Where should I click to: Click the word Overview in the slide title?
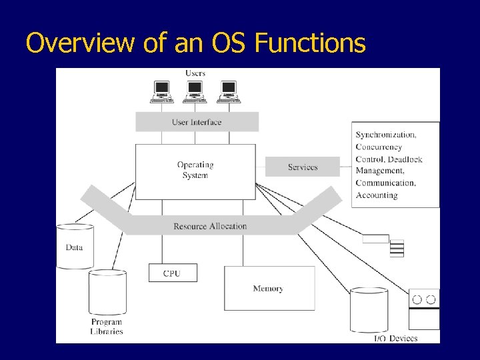point(80,42)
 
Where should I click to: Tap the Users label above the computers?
point(195,73)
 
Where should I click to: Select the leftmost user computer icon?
point(162,92)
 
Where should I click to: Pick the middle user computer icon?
point(195,92)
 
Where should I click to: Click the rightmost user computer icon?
point(229,92)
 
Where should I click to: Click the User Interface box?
point(197,122)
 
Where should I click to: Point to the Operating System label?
point(195,170)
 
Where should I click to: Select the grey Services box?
point(303,167)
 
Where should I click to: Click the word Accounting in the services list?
point(377,195)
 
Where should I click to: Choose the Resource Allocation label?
point(210,226)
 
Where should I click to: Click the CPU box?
point(173,273)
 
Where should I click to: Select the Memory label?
point(268,289)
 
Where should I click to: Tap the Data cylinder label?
point(75,247)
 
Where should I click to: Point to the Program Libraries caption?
point(107,327)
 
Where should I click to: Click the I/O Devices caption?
point(396,338)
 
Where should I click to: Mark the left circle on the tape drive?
point(417,299)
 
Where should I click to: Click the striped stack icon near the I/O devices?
point(397,248)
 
